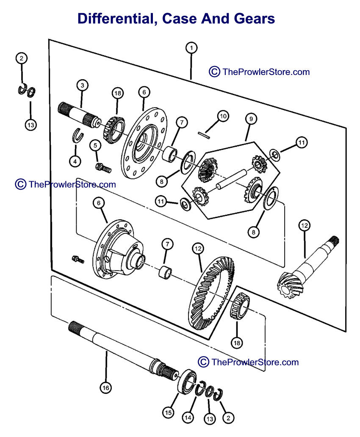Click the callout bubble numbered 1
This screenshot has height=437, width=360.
tap(191, 48)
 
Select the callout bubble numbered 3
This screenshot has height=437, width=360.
tap(83, 85)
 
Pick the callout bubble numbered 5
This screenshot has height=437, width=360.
tap(96, 145)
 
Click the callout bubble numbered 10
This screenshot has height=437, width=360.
tap(223, 115)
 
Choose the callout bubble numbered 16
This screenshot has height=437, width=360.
tap(105, 387)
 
